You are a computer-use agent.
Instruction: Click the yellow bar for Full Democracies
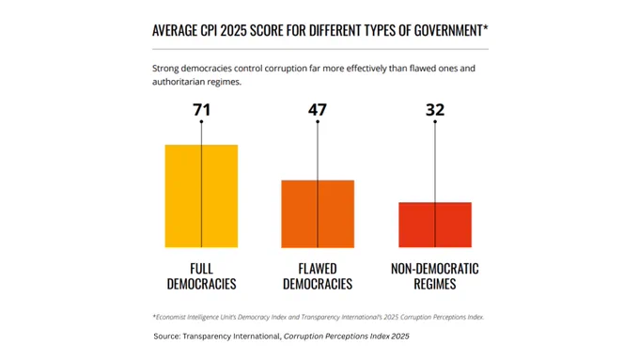pos(201,196)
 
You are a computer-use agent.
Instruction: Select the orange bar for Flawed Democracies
pos(318,214)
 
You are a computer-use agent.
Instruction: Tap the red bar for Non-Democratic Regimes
pos(435,225)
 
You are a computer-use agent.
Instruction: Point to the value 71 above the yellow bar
pos(202,110)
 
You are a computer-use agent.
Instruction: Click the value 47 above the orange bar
pos(318,110)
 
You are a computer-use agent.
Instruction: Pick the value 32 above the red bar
pos(435,110)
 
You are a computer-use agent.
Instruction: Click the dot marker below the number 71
pos(201,121)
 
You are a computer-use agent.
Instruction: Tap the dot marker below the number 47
pos(318,121)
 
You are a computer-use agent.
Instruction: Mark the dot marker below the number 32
pos(435,121)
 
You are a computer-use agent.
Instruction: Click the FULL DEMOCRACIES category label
pos(201,276)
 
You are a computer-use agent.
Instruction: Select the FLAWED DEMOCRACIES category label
pos(318,276)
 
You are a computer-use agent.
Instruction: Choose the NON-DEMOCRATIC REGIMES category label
pos(435,276)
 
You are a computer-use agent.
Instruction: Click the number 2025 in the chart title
pos(233,31)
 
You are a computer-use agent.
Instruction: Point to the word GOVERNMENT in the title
pos(448,31)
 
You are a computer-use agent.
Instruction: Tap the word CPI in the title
pos(209,31)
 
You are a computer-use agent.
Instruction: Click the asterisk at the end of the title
pos(486,27)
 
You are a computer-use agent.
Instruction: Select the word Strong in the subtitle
pos(165,69)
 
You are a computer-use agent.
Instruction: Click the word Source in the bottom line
pos(166,337)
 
